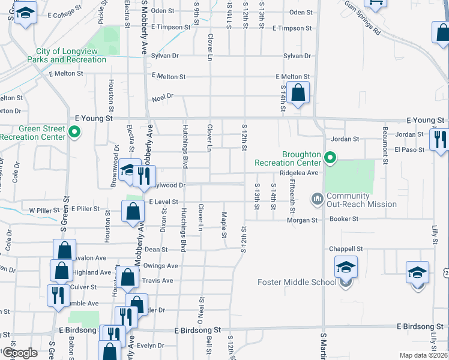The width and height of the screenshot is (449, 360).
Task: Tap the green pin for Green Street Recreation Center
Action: (x=74, y=132)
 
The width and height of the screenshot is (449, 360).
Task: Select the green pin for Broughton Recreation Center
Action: (x=329, y=158)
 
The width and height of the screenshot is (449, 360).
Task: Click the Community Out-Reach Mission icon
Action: (x=317, y=199)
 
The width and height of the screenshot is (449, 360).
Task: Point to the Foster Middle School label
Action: (x=297, y=282)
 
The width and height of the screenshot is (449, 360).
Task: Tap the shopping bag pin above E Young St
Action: (x=298, y=93)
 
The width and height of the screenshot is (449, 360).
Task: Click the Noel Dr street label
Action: (x=162, y=96)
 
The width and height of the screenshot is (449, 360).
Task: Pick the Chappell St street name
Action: (x=346, y=248)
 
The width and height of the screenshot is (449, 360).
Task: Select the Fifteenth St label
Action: (x=292, y=196)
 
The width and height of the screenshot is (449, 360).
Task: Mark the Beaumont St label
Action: (x=385, y=138)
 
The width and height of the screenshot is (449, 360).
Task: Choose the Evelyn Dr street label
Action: (x=150, y=346)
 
